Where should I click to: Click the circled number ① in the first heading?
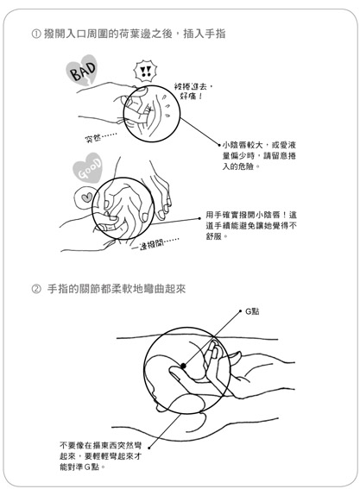(x=36, y=34)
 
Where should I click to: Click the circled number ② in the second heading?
(x=36, y=289)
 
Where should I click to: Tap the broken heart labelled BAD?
(x=82, y=71)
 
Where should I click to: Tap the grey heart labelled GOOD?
(x=88, y=168)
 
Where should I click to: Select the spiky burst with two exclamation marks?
(x=145, y=72)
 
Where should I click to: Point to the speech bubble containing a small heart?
(x=85, y=198)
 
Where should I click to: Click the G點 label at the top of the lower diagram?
(x=252, y=311)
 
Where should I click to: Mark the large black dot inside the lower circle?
(x=183, y=366)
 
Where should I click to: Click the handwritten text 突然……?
(x=100, y=137)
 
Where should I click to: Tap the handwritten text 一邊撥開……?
(x=155, y=244)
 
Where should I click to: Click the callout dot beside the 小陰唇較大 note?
(x=219, y=145)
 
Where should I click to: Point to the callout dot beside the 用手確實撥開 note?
(x=199, y=218)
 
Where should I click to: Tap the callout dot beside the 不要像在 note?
(x=149, y=448)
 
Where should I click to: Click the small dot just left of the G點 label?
(x=240, y=311)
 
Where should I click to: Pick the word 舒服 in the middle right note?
(x=214, y=236)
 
